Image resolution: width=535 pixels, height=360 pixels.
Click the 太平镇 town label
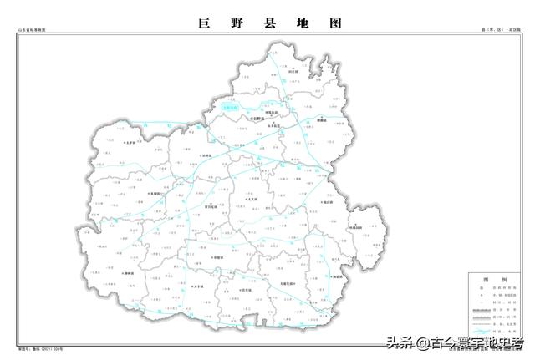(x=130, y=143)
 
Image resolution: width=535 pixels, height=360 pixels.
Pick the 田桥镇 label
(x=206, y=155)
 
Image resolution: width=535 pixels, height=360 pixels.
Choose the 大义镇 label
(x=253, y=200)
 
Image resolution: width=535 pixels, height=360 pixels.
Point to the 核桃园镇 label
(x=354, y=227)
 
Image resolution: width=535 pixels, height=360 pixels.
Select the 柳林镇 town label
(x=129, y=273)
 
